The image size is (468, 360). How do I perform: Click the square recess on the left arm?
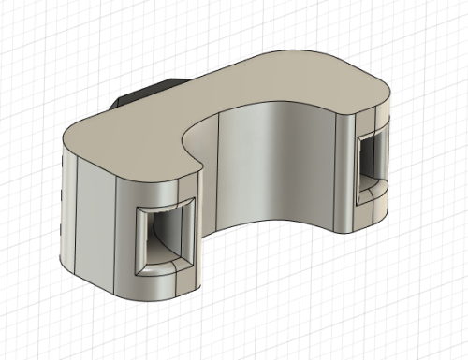pyautogui.click(x=164, y=238)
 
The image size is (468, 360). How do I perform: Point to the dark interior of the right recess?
pyautogui.click(x=371, y=159)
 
